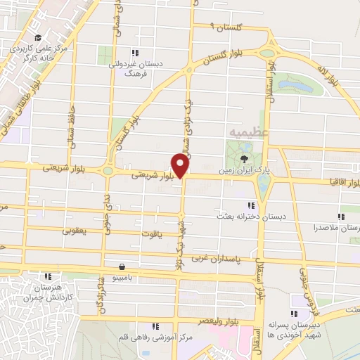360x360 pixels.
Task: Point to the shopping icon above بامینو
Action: click(124, 267)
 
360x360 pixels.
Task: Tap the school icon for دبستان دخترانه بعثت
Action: click(251, 205)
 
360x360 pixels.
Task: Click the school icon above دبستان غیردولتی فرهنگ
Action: click(135, 52)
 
